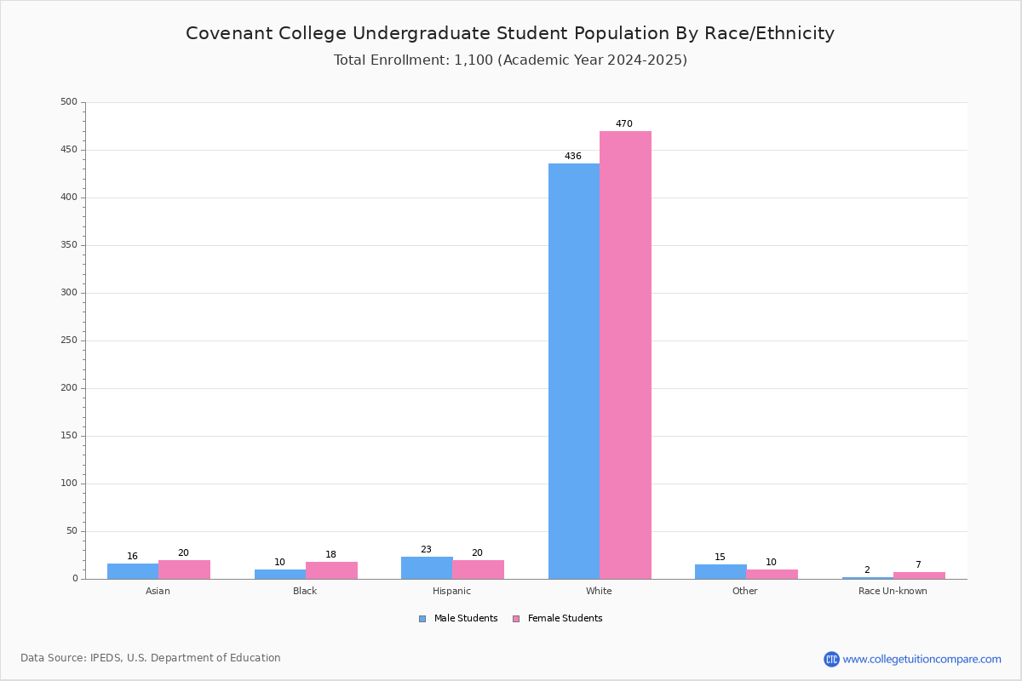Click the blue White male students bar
tap(573, 371)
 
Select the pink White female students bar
tap(625, 355)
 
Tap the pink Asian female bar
tap(184, 569)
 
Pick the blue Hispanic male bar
tap(427, 568)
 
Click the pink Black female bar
tap(331, 570)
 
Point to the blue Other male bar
tap(721, 571)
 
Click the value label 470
tap(624, 124)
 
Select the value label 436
tap(573, 157)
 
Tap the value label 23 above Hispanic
tap(426, 550)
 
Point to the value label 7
tap(918, 565)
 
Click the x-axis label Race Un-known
tap(893, 591)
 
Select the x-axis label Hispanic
tap(451, 591)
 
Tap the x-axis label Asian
tap(158, 591)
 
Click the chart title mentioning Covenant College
tap(510, 33)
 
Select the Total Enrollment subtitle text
tap(510, 60)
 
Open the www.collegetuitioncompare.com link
tap(922, 659)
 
